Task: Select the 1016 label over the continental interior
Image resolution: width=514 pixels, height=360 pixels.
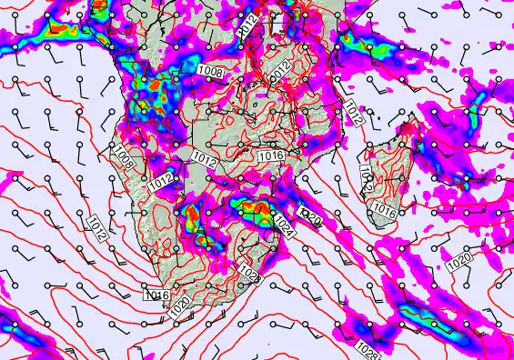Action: click(x=271, y=157)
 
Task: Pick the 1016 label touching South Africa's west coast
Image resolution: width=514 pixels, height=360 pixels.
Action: click(x=156, y=294)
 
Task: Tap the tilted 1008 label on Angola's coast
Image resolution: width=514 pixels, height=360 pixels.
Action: click(x=125, y=158)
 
